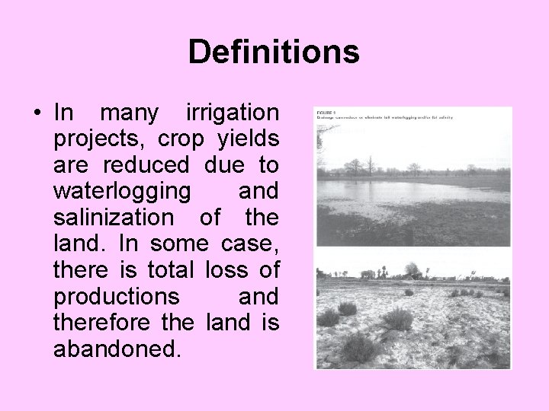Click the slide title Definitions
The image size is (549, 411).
click(x=274, y=53)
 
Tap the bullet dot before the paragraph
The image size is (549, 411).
click(x=36, y=114)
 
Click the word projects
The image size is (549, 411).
click(x=100, y=140)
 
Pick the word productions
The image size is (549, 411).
click(x=117, y=297)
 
